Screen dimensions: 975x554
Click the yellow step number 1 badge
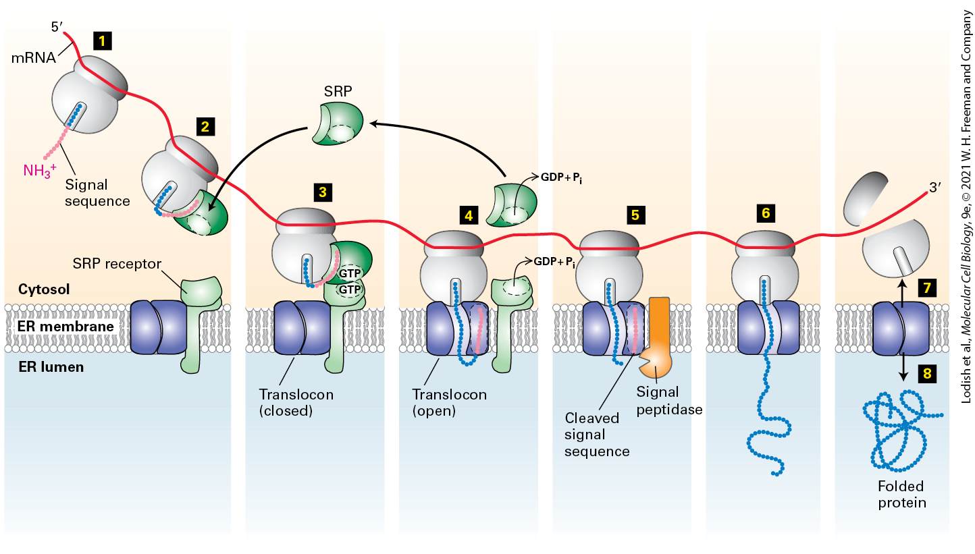(102, 41)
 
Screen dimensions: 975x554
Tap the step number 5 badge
(635, 215)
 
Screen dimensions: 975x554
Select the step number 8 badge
(927, 374)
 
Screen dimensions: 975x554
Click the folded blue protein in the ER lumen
(901, 431)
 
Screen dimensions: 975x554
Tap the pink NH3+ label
(40, 170)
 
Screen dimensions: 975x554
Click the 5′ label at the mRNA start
(57, 27)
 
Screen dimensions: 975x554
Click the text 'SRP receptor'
(117, 264)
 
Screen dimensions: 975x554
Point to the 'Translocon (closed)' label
(296, 402)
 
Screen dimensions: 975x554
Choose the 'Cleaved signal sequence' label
(597, 435)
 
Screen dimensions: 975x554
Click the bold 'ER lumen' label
(51, 367)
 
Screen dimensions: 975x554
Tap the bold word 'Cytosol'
(43, 289)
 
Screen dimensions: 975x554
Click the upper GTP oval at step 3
(350, 273)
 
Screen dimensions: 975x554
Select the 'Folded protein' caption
(901, 494)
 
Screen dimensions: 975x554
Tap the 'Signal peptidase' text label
(669, 401)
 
